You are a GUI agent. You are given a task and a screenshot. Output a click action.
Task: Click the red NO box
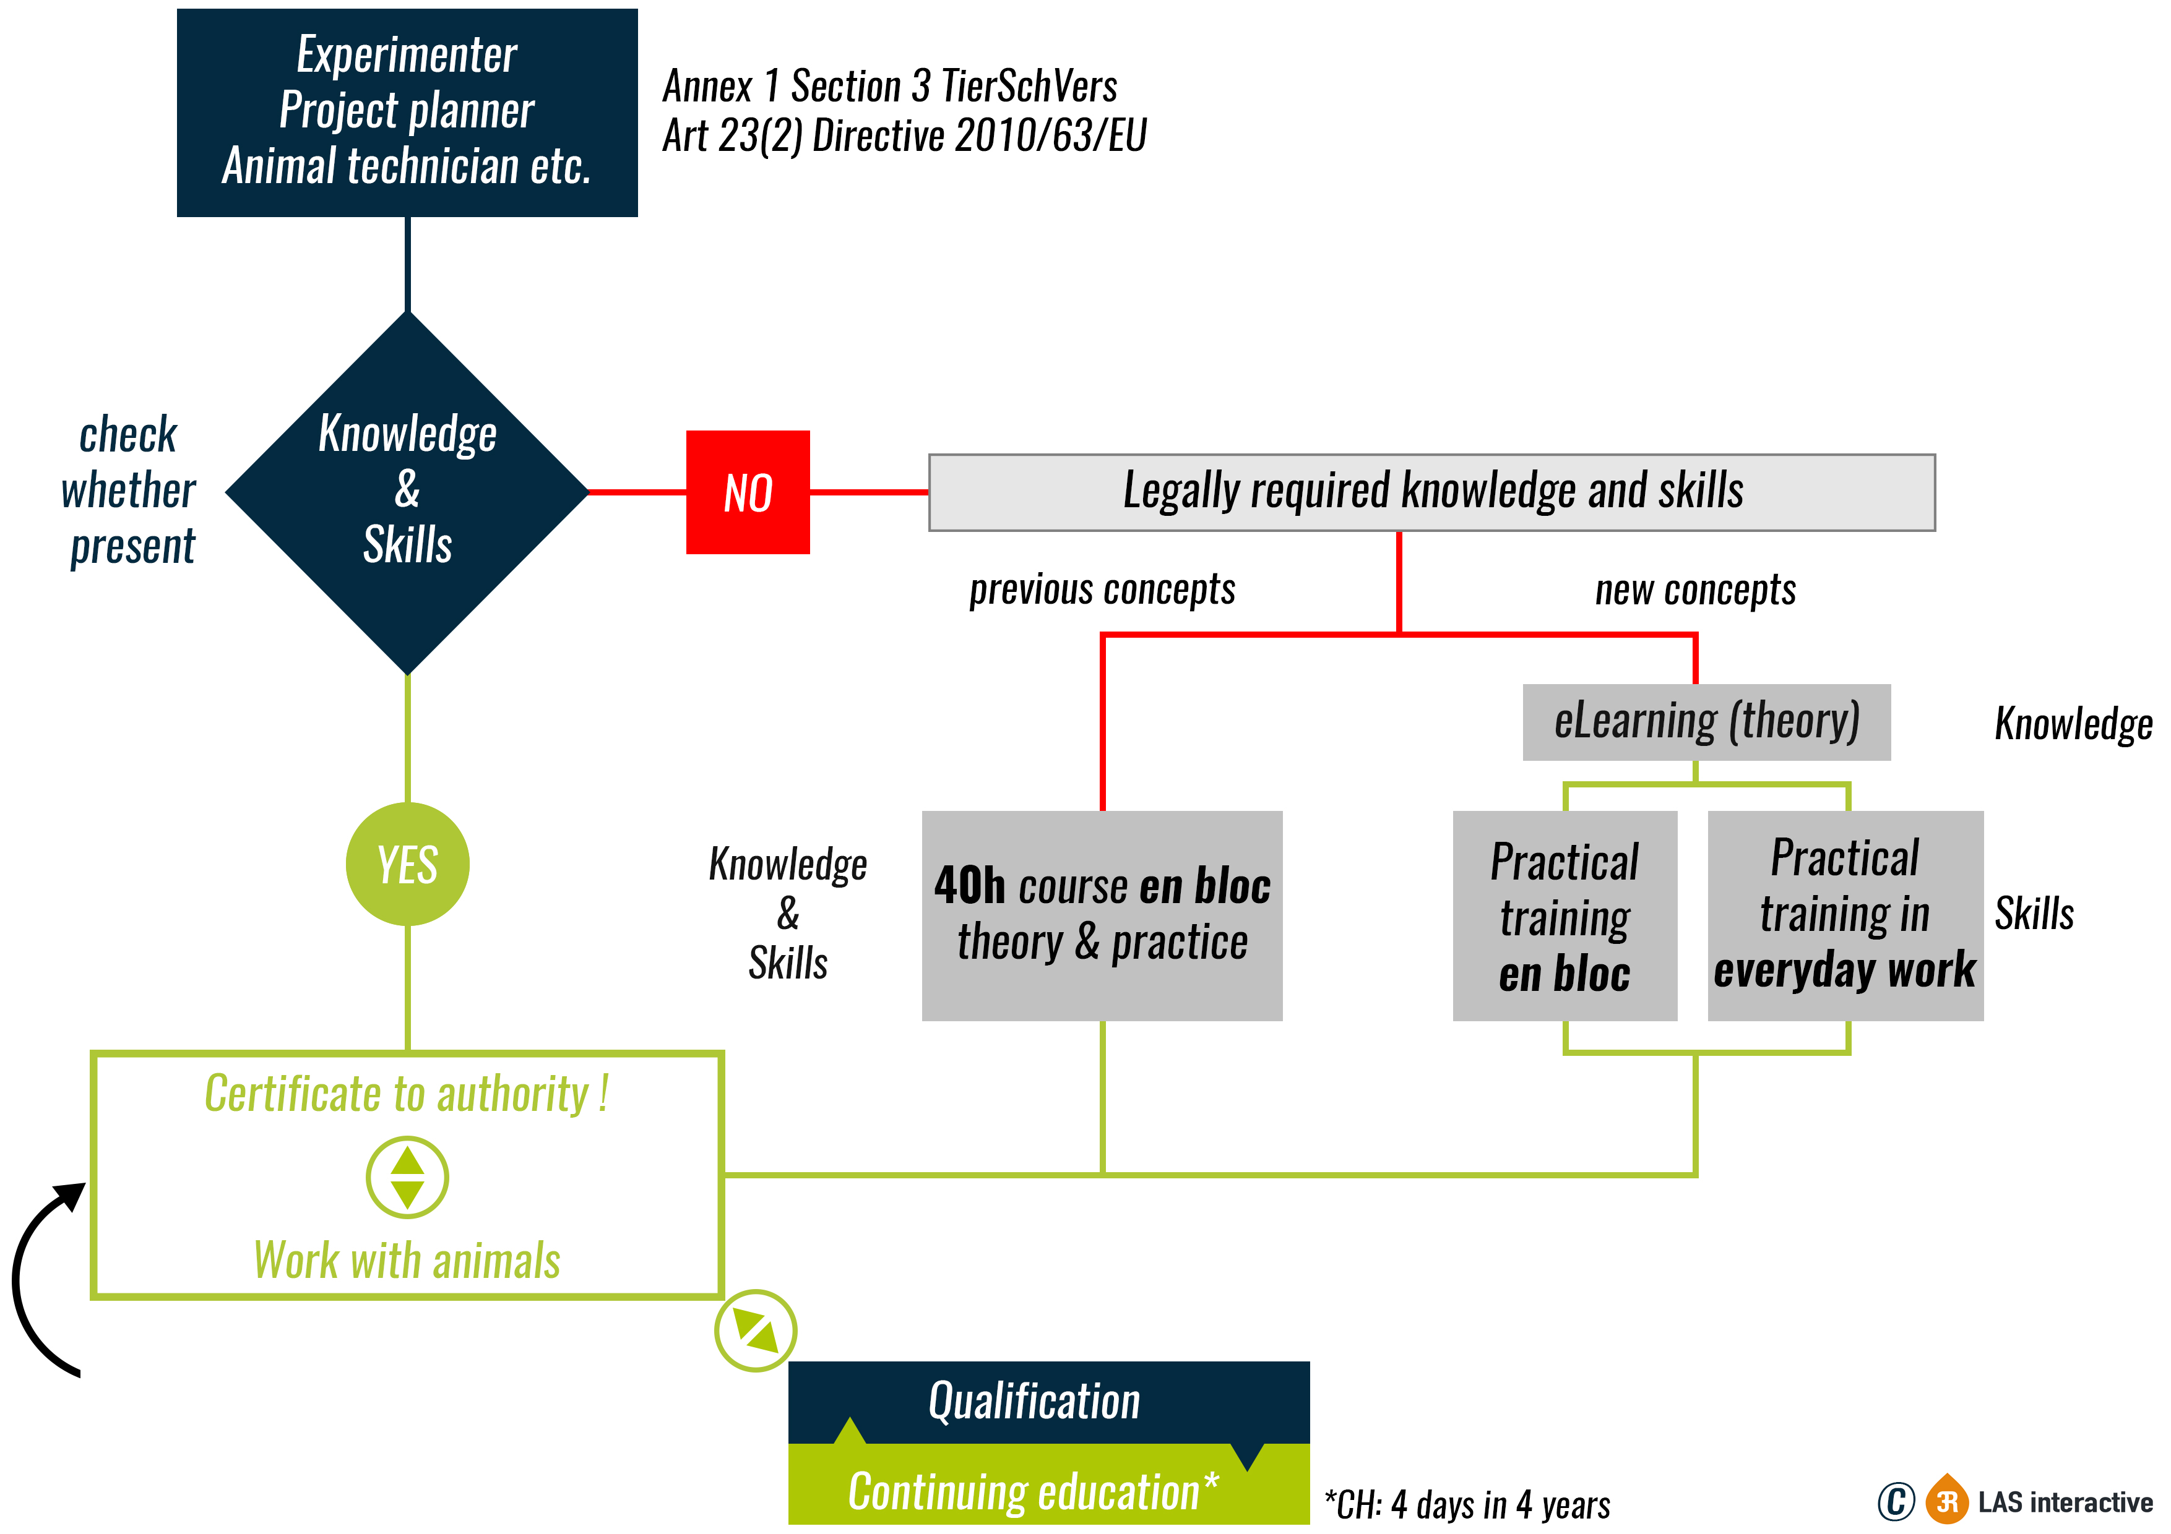click(x=747, y=492)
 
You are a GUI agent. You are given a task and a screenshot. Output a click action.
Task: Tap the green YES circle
click(x=408, y=864)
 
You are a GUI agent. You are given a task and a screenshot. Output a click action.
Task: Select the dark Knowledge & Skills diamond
click(x=408, y=492)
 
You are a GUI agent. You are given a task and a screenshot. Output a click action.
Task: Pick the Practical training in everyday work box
click(x=1845, y=915)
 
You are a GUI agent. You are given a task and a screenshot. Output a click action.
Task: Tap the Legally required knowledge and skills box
click(x=1431, y=492)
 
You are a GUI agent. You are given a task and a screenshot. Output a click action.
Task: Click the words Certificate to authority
click(x=407, y=1094)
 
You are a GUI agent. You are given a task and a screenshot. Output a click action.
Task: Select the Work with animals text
click(x=407, y=1260)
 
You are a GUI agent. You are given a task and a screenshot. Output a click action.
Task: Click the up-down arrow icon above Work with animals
click(x=408, y=1178)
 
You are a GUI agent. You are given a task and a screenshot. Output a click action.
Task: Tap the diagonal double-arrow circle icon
click(x=756, y=1330)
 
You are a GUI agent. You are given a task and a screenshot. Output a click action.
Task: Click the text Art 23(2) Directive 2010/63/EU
click(x=904, y=136)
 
